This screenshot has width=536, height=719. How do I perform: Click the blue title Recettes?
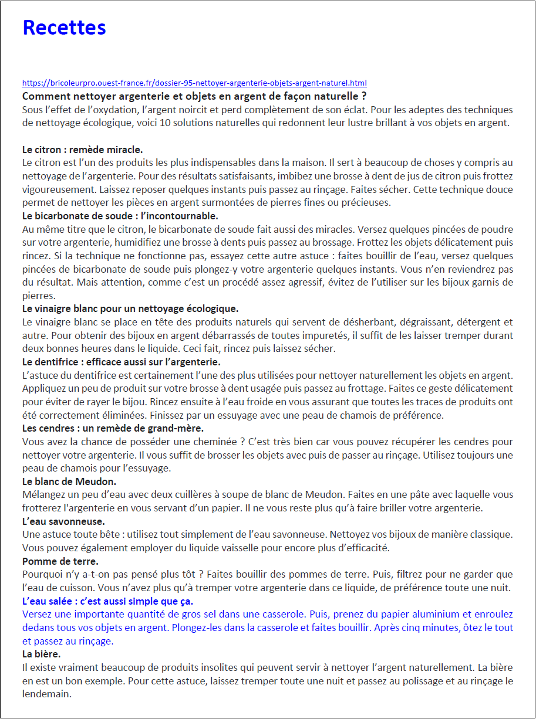point(64,28)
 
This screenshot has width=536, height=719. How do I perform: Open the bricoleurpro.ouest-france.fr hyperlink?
point(194,83)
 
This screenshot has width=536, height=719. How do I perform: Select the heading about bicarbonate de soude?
point(120,216)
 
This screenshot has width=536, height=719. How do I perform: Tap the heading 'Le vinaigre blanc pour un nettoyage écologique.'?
point(130,308)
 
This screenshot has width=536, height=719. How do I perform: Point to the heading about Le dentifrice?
point(121,361)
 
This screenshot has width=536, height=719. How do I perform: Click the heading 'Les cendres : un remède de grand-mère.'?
point(113,428)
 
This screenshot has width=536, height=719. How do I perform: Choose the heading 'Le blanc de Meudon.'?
point(69,481)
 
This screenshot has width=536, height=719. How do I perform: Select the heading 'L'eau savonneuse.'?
point(63,521)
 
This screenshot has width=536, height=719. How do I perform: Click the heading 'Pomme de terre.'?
point(60,561)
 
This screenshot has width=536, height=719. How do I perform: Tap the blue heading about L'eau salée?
point(107,601)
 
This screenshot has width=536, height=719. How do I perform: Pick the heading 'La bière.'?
point(41,654)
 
